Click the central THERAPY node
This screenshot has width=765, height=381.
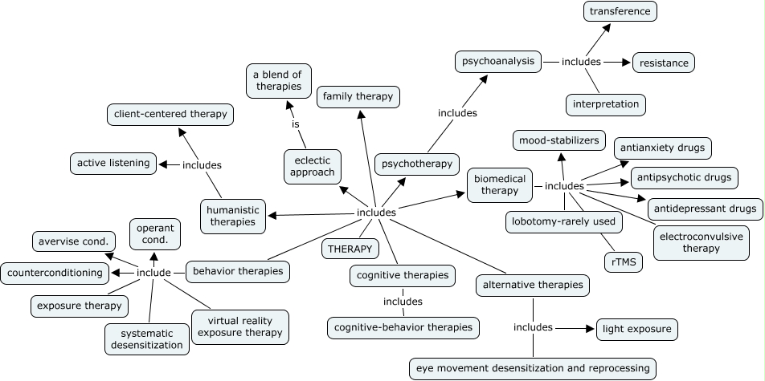click(x=350, y=249)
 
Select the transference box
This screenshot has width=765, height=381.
click(x=620, y=11)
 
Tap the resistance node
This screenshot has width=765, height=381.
click(x=664, y=62)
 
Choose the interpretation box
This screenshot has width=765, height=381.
click(x=607, y=104)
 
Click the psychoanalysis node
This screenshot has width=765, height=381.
click(x=497, y=61)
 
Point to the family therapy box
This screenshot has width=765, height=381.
click(x=358, y=97)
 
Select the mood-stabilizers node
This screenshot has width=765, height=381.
click(x=559, y=141)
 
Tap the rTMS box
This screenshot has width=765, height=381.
click(x=624, y=261)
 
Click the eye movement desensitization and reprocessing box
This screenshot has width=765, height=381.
click(x=533, y=368)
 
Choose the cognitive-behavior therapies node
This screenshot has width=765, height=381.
click(x=404, y=327)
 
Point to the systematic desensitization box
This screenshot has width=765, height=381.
click(x=146, y=338)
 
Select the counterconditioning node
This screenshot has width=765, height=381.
click(x=55, y=273)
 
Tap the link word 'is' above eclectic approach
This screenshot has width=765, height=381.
click(x=296, y=125)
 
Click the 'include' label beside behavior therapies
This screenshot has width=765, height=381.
click(x=153, y=273)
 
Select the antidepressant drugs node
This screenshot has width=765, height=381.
click(x=705, y=209)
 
